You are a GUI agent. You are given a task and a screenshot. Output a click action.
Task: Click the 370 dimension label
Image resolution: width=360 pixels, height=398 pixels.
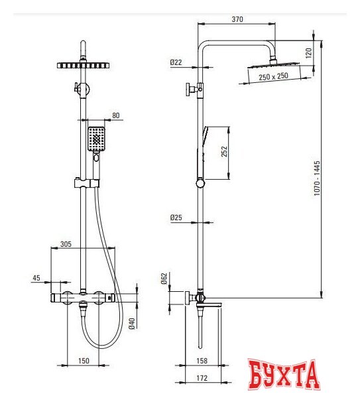coord(237,19)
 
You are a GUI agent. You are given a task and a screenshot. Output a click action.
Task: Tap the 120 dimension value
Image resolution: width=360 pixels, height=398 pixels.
coord(308,53)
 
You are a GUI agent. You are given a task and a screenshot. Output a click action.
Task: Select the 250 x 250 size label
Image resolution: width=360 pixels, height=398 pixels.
coord(273,76)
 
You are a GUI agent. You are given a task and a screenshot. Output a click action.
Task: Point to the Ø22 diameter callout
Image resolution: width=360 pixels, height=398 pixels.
coord(176,62)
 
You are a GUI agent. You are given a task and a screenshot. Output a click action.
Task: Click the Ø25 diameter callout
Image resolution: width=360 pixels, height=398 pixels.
coord(176,218)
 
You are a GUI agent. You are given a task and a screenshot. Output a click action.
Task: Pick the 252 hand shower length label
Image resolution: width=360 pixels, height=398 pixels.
coord(224,151)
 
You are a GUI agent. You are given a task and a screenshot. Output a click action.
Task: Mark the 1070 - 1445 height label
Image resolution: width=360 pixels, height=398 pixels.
coord(317,178)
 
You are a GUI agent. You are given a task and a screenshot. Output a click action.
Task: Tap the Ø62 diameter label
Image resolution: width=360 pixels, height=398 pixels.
coord(164,279)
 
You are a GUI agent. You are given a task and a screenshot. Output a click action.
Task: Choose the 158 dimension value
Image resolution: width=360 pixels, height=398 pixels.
coord(202,361)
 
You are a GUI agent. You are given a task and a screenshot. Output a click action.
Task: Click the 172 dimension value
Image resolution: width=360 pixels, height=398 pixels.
coord(202,378)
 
